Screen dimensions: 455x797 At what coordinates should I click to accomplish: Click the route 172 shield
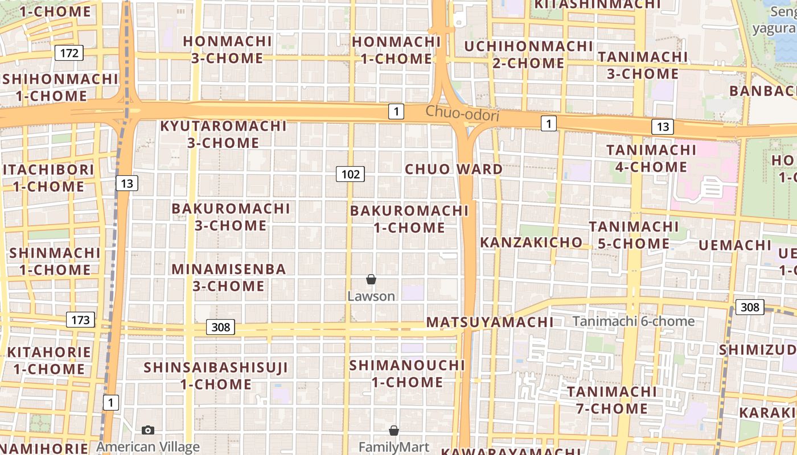pyautogui.click(x=69, y=53)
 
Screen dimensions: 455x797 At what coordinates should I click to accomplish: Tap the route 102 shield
pyautogui.click(x=350, y=174)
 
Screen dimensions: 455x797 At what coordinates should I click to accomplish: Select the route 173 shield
pyautogui.click(x=80, y=320)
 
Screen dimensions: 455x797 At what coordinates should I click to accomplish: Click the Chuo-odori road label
pyautogui.click(x=462, y=114)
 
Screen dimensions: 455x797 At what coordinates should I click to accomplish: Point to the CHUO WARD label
pyautogui.click(x=454, y=169)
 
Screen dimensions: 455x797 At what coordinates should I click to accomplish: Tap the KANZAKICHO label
pyautogui.click(x=531, y=242)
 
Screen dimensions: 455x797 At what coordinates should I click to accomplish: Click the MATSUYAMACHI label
pyautogui.click(x=490, y=322)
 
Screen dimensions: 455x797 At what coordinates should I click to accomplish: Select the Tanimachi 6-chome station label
pyautogui.click(x=634, y=321)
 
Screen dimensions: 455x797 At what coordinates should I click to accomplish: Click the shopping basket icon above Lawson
pyautogui.click(x=371, y=279)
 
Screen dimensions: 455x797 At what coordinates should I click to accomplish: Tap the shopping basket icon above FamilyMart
pyautogui.click(x=393, y=431)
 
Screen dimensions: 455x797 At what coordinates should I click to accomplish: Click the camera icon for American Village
pyautogui.click(x=148, y=430)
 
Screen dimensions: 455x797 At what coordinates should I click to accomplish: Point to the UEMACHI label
pyautogui.click(x=735, y=245)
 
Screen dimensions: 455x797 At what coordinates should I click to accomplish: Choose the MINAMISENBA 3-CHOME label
pyautogui.click(x=229, y=277)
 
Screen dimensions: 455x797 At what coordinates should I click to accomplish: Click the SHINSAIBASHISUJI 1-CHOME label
pyautogui.click(x=216, y=375)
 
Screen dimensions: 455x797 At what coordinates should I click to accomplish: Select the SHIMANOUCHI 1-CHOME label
pyautogui.click(x=408, y=373)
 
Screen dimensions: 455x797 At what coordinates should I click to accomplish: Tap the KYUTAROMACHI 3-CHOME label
pyautogui.click(x=224, y=134)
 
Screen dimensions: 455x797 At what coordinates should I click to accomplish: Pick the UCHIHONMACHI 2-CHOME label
pyautogui.click(x=529, y=54)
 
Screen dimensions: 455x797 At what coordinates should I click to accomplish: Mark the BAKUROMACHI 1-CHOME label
pyautogui.click(x=409, y=219)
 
